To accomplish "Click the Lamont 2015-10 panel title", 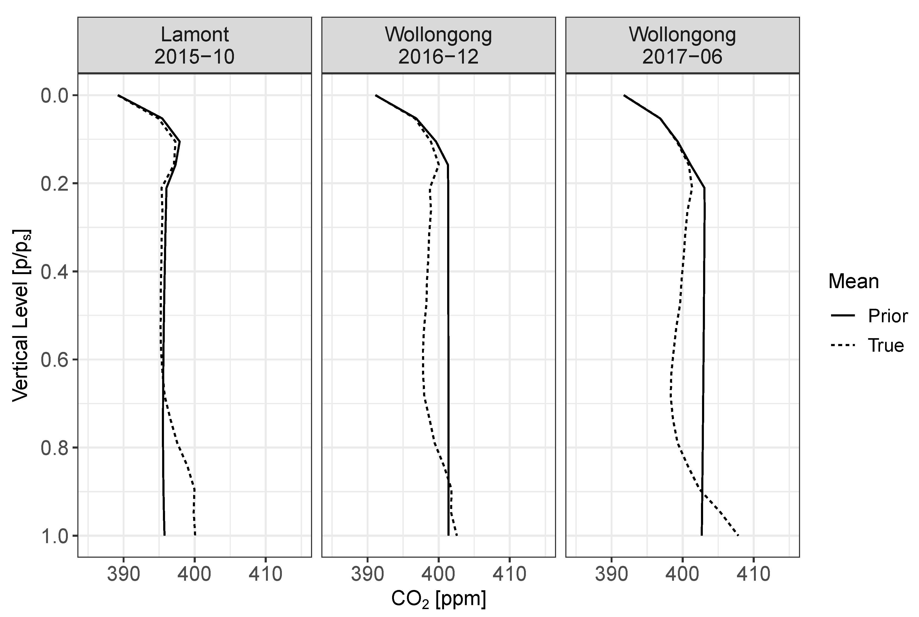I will pos(194,45).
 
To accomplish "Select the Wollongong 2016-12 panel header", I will pos(438,45).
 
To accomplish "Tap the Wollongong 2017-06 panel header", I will pos(682,45).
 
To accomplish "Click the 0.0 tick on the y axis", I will pos(54,96).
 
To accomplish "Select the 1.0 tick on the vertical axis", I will pos(54,536).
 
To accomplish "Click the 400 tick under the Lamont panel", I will pos(194,575).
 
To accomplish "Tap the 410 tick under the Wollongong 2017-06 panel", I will pos(753,575).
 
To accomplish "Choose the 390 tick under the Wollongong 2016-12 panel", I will pos(367,575).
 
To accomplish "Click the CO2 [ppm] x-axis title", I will pos(438,599).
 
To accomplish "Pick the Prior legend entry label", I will pos(887,316).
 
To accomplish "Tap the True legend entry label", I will pos(886,346).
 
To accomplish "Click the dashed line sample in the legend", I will pos(843,346).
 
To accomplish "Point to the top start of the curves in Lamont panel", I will pos(118,95).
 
